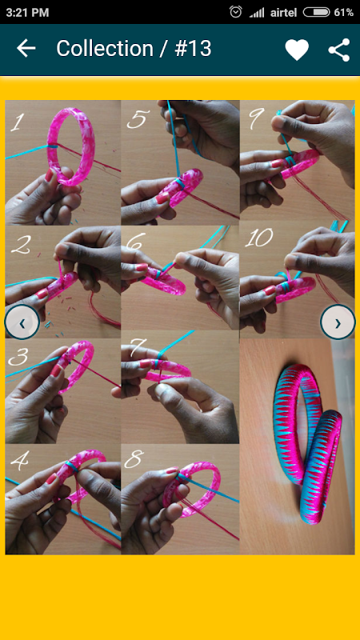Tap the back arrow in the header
26,49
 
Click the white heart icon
297,50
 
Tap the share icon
339,50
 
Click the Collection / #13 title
134,49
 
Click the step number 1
16,122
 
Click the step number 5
135,118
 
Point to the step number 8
134,460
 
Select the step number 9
255,118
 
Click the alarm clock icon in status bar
235,12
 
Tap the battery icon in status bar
316,12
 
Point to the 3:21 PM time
27,12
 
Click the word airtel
283,12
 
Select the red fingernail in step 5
162,198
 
